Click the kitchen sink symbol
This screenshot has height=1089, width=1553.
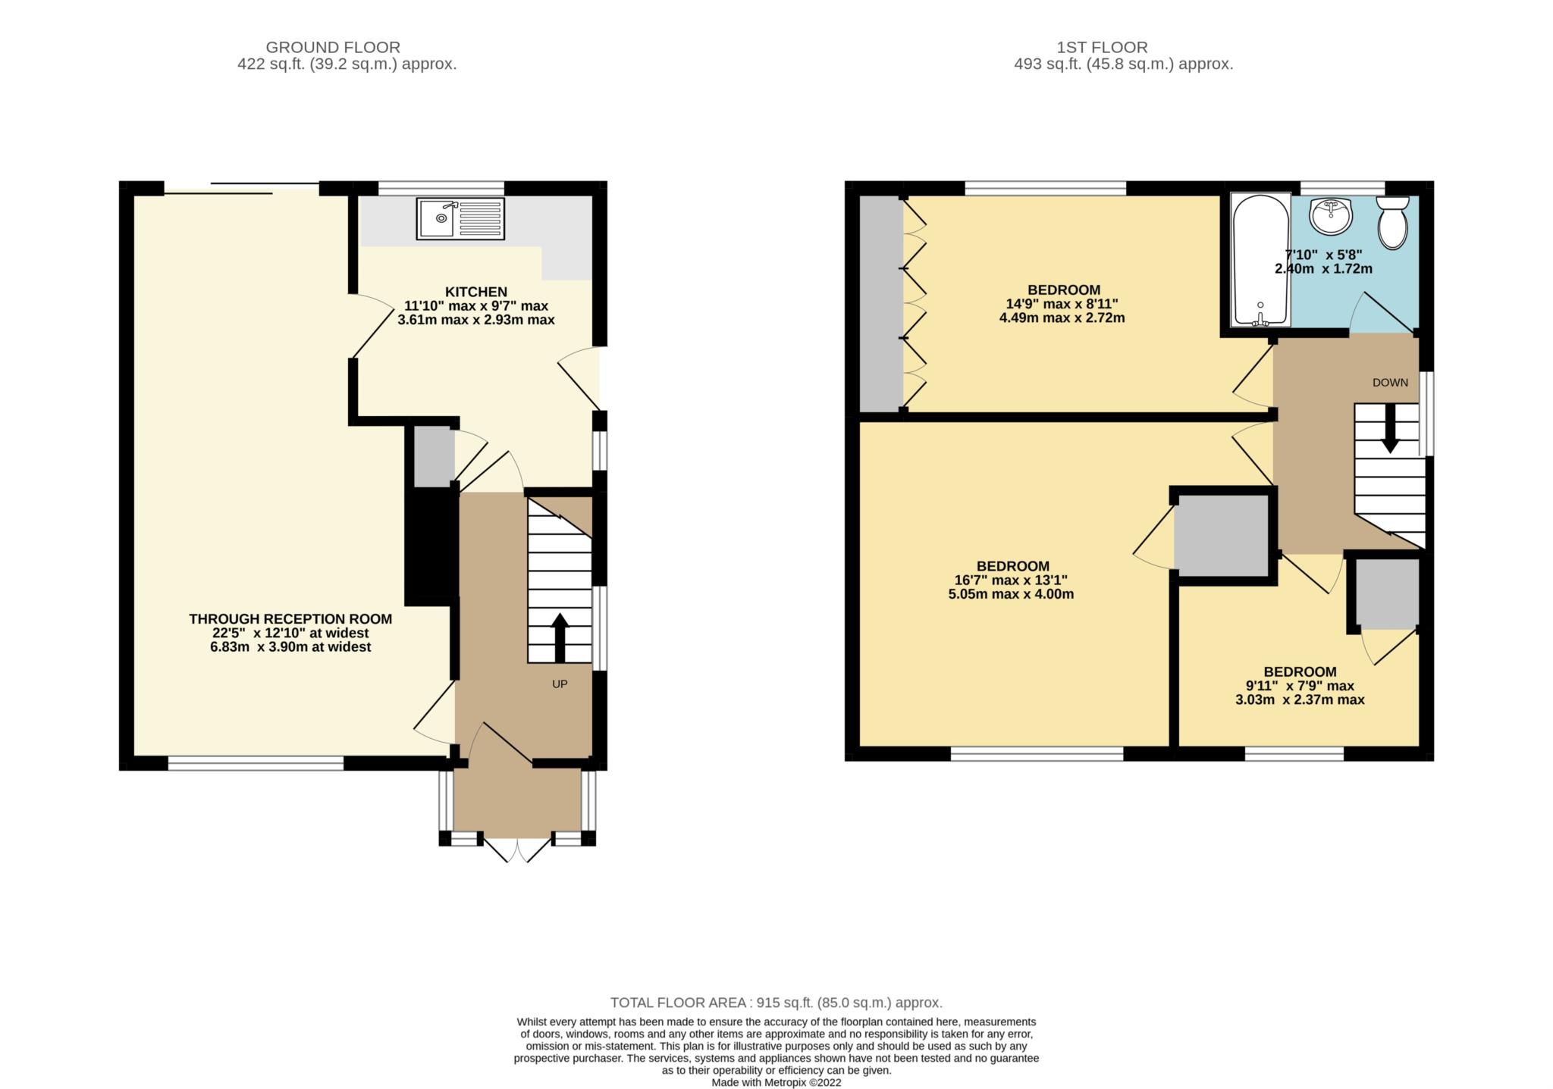click(460, 218)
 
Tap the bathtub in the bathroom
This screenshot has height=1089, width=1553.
click(1260, 259)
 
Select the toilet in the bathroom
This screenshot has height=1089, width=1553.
click(1392, 223)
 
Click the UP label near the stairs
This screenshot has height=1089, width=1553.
click(560, 684)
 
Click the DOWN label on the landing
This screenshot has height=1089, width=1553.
click(1390, 383)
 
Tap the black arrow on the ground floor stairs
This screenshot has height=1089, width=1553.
click(560, 637)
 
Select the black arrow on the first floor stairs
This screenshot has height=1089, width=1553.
click(1390, 429)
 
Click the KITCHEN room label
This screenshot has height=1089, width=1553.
click(475, 292)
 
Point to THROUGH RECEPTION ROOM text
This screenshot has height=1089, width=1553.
click(290, 619)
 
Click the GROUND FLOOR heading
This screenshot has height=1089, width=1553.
click(333, 47)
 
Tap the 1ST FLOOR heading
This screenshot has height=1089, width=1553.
click(1102, 47)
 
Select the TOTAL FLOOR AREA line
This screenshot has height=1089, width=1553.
click(776, 1003)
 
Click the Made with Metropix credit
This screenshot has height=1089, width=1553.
click(776, 1082)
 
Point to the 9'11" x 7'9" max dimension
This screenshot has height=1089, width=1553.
click(1299, 686)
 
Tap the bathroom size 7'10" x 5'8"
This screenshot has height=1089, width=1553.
click(1323, 255)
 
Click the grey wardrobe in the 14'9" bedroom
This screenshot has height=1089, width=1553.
click(881, 303)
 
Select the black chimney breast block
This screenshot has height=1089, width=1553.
click(430, 546)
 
